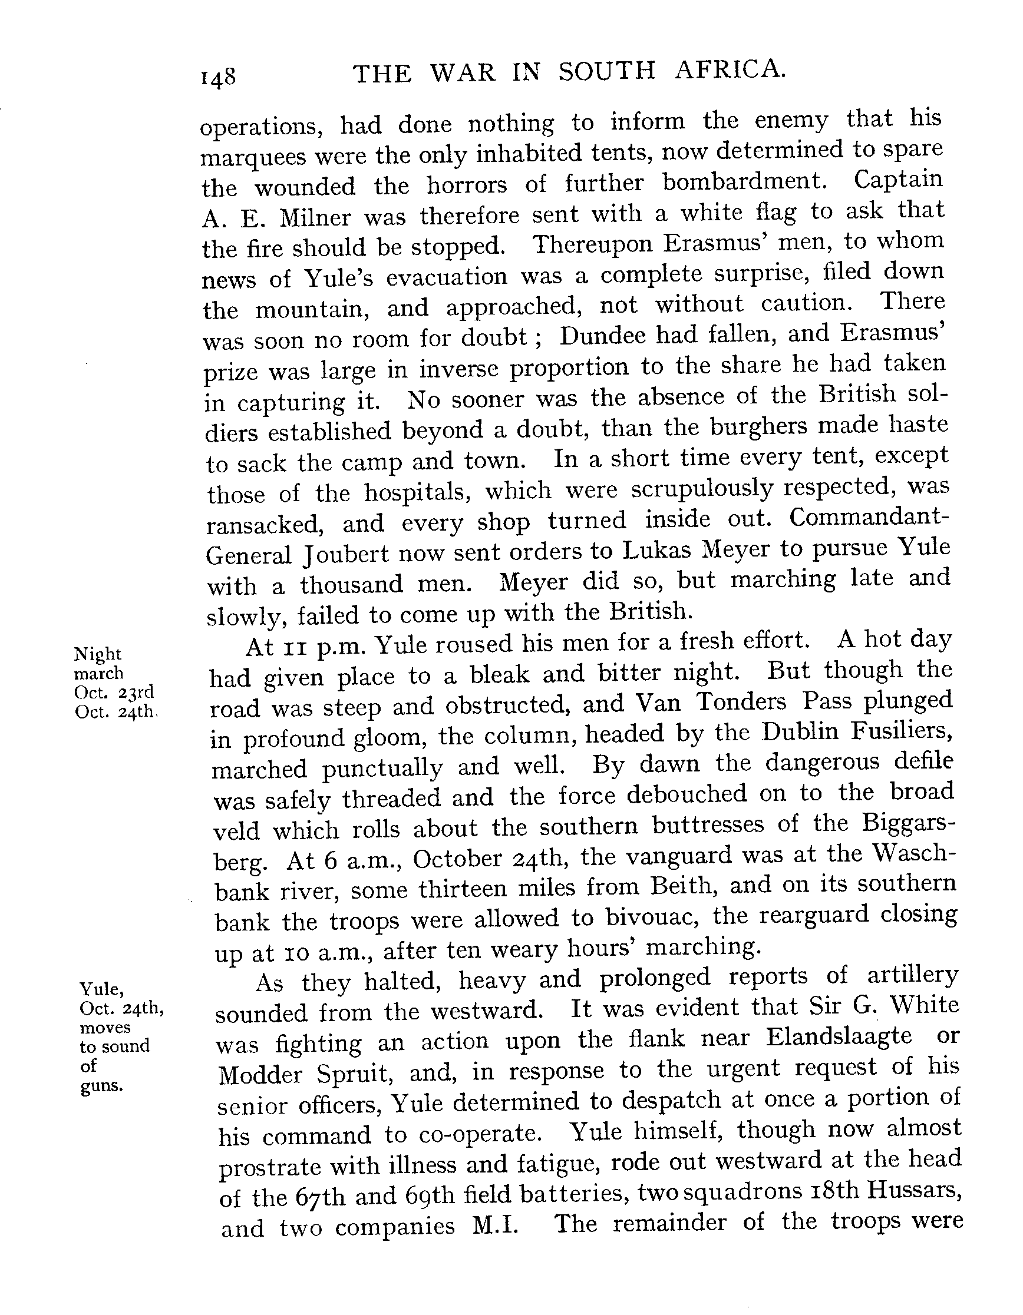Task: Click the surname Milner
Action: tap(315, 217)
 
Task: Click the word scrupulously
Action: tap(701, 488)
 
